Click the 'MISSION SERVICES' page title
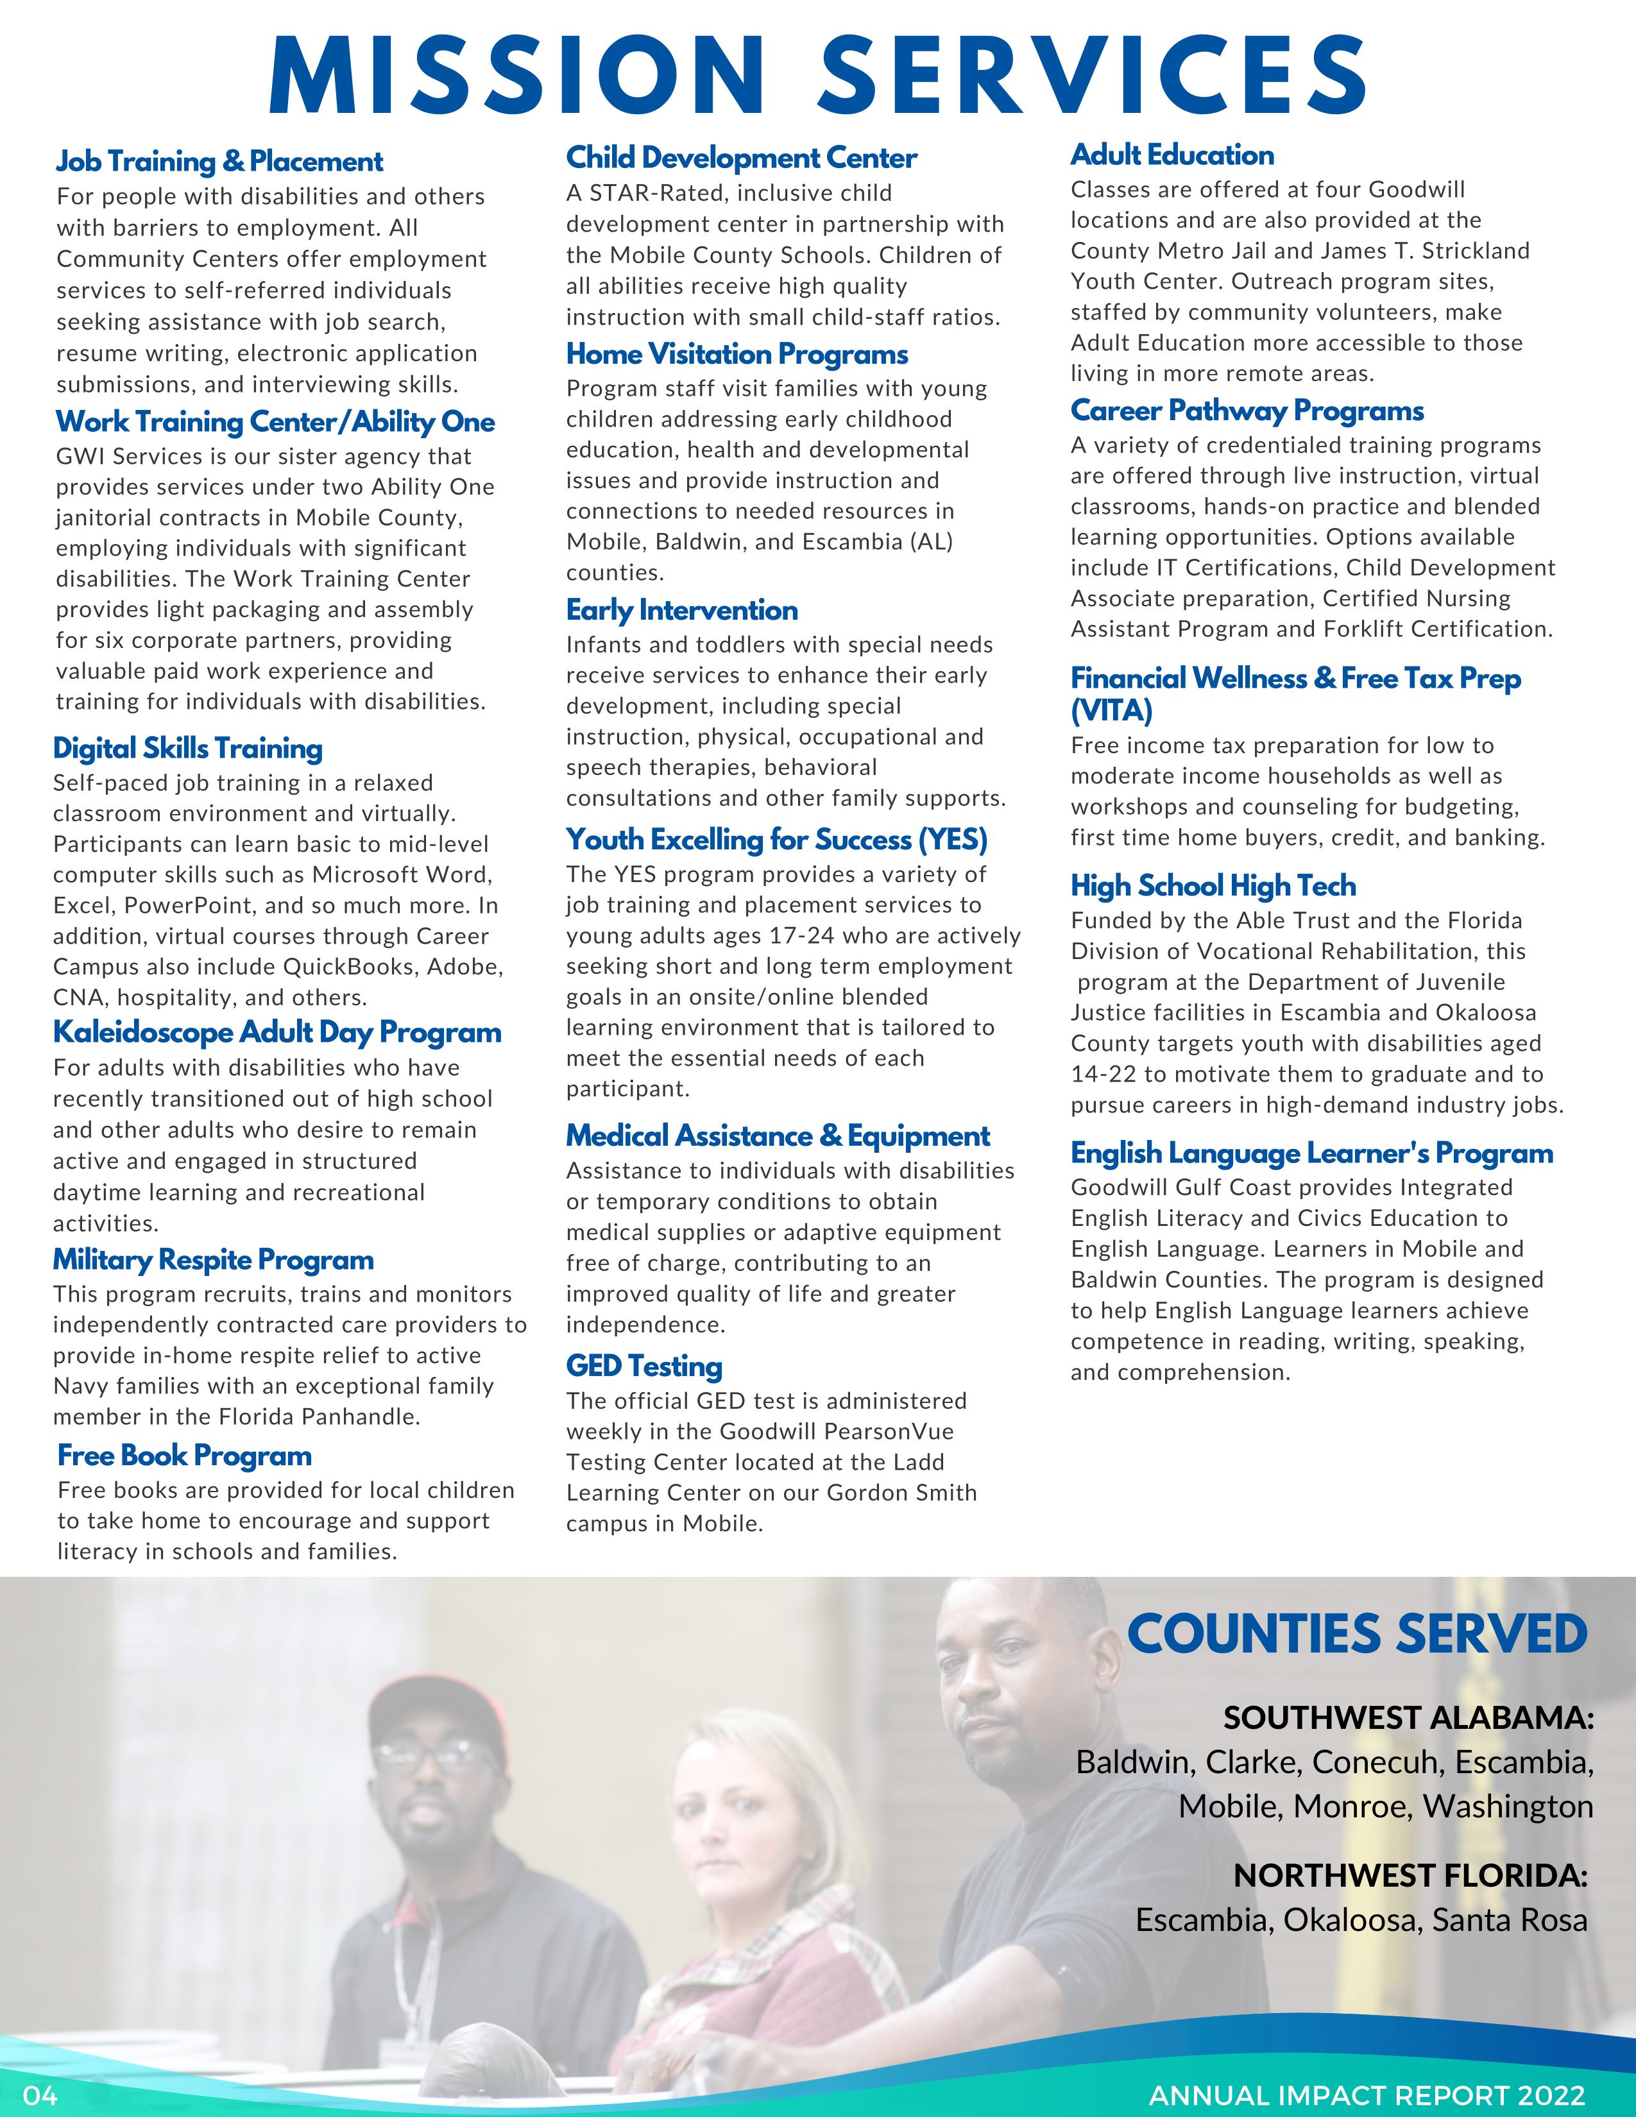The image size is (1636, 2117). pyautogui.click(x=818, y=76)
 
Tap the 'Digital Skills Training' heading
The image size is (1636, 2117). pyautogui.click(x=188, y=748)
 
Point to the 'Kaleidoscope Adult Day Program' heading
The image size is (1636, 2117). pyautogui.click(x=277, y=1032)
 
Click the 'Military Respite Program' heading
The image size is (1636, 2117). pyautogui.click(x=213, y=1259)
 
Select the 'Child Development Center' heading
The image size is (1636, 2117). pyautogui.click(x=742, y=157)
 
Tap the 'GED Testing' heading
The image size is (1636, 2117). pyautogui.click(x=645, y=1366)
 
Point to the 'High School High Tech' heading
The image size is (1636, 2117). pyautogui.click(x=1213, y=885)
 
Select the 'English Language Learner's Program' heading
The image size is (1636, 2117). pyautogui.click(x=1311, y=1153)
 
